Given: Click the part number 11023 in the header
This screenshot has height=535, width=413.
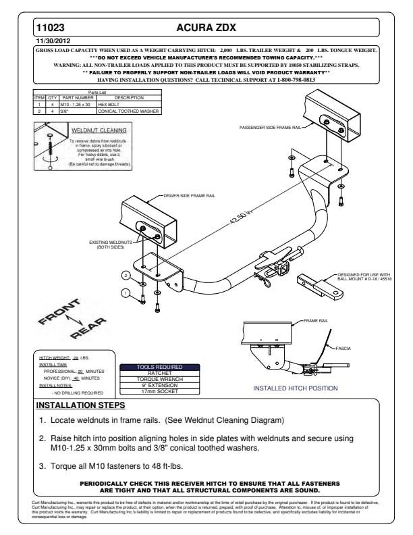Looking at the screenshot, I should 50,28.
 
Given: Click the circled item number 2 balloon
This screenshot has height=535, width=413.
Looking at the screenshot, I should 125,275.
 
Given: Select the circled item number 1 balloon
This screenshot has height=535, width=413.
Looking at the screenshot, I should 125,292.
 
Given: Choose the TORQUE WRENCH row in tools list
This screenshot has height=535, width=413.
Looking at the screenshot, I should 159,379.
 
